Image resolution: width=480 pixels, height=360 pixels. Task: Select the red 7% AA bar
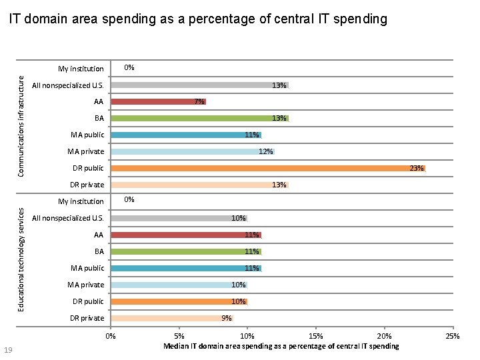click(159, 102)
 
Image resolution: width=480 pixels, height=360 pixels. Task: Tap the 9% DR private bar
click(172, 318)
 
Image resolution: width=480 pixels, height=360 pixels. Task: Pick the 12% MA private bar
click(193, 152)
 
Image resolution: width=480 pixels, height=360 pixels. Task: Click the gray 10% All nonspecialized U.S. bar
click(179, 218)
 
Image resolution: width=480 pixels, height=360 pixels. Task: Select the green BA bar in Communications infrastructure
click(199, 119)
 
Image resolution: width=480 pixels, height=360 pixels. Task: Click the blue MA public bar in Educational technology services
click(186, 268)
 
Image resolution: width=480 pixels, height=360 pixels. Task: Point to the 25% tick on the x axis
click(453, 336)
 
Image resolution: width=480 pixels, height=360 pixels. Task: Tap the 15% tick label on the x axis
click(316, 336)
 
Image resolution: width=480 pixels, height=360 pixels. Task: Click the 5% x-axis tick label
click(179, 336)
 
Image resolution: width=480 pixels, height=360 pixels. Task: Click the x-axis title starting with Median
click(281, 346)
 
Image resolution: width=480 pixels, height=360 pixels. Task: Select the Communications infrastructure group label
click(21, 126)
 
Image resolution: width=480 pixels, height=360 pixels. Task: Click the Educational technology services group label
click(21, 259)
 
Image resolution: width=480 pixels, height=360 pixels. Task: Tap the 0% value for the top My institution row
click(129, 67)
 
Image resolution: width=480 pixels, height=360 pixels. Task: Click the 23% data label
click(416, 169)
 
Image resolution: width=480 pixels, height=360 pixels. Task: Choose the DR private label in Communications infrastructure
click(87, 185)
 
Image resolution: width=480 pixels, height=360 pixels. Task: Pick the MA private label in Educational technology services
click(86, 285)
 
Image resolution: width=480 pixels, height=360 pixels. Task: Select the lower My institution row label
click(81, 201)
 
